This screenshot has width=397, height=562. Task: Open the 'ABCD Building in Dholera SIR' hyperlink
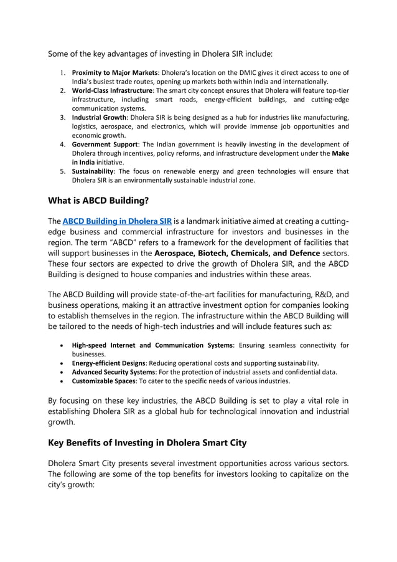(117, 221)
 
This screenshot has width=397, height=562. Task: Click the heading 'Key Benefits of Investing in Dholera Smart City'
(147, 442)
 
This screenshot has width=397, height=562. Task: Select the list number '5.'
(63, 171)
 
